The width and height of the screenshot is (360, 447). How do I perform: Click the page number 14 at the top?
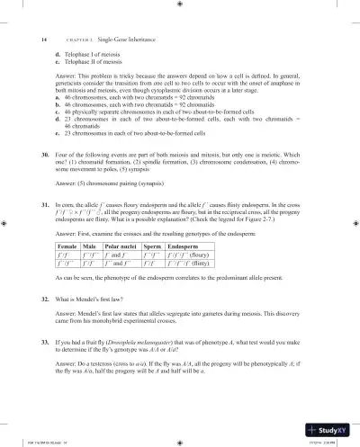pyautogui.click(x=44, y=39)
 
